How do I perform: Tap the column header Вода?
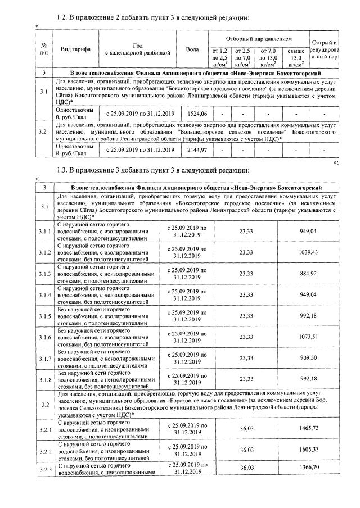[x=192, y=49]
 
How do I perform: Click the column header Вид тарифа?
[x=74, y=49]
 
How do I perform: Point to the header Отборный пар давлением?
[x=259, y=39]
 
